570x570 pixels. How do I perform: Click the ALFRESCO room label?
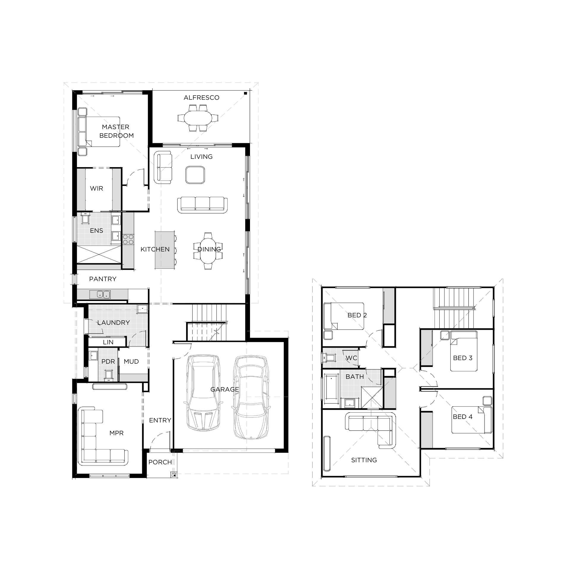[201, 98]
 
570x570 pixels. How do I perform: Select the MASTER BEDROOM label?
[116, 131]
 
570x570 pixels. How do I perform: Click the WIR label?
[96, 188]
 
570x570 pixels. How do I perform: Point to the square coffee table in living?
[195, 175]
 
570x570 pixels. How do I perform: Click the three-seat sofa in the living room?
[202, 205]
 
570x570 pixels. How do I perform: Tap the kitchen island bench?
[164, 251]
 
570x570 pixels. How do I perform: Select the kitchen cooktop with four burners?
[128, 240]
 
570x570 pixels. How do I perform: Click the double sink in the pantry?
[104, 294]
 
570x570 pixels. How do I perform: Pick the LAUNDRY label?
[113, 322]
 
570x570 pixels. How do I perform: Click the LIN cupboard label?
[108, 342]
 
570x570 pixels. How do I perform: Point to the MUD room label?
[131, 361]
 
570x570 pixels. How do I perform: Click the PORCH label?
[160, 462]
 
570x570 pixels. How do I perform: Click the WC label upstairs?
[351, 358]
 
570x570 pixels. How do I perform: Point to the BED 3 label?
[463, 358]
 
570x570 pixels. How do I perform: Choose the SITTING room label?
[364, 460]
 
